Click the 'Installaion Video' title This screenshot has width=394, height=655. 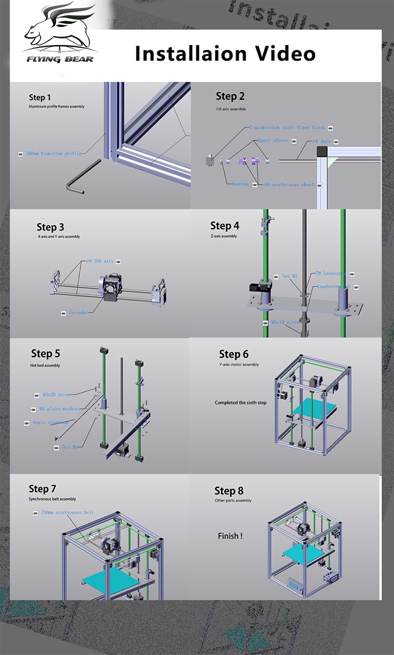(225, 53)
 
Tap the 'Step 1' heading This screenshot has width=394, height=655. (39, 97)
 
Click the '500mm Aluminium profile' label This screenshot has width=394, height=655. (54, 154)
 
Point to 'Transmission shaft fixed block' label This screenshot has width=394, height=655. (286, 128)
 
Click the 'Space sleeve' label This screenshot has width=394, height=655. (273, 140)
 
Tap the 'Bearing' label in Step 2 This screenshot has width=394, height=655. (240, 184)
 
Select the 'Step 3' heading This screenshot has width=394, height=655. (50, 227)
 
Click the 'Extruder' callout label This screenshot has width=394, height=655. (78, 313)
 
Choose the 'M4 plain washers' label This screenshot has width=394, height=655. (60, 409)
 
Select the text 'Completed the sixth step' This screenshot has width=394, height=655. (240, 403)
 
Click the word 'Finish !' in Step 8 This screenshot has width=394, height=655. (230, 536)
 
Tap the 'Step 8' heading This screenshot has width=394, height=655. (229, 491)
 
